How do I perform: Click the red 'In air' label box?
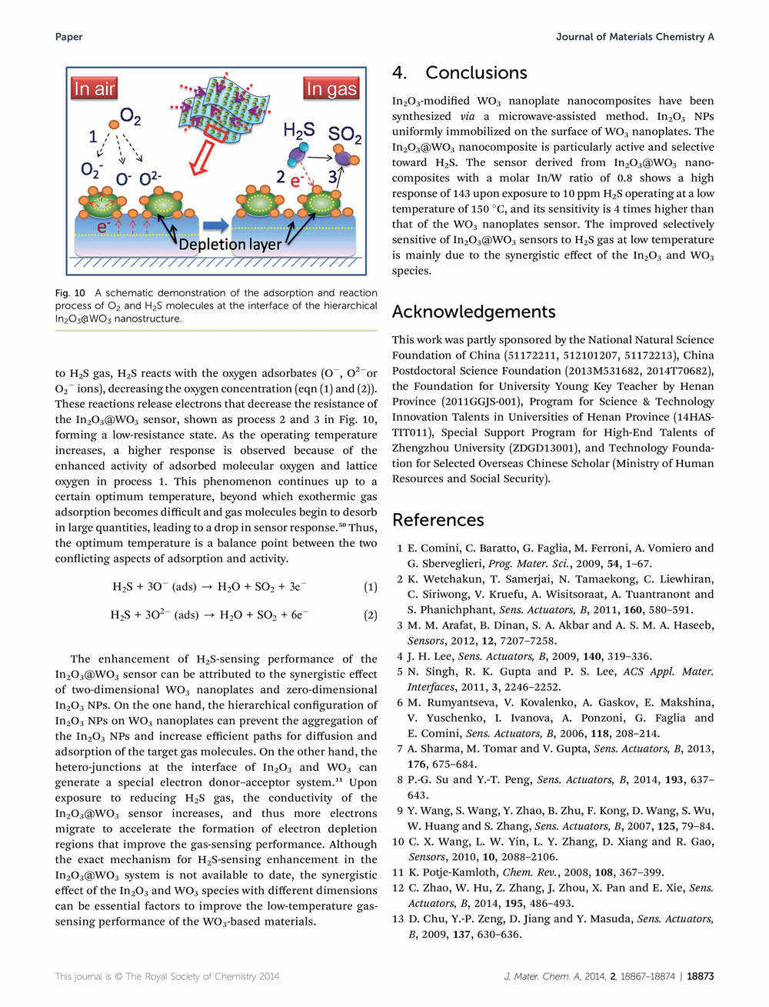[x=95, y=89]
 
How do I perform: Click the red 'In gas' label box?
[x=331, y=89]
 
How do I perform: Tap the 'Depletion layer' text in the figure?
[x=230, y=245]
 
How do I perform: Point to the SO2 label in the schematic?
[x=345, y=135]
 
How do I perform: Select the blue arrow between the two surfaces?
[x=216, y=225]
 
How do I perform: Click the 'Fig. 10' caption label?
[x=69, y=293]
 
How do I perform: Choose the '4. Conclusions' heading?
[x=460, y=73]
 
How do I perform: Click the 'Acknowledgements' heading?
[x=474, y=312]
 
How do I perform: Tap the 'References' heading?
[x=438, y=520]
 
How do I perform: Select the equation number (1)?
[x=370, y=587]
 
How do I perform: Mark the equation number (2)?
[x=370, y=615]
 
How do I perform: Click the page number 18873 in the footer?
[x=700, y=976]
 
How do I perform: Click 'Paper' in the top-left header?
[x=69, y=37]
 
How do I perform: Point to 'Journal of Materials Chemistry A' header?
[x=635, y=37]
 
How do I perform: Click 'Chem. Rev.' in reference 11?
[x=526, y=872]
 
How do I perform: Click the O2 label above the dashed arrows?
[x=131, y=118]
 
